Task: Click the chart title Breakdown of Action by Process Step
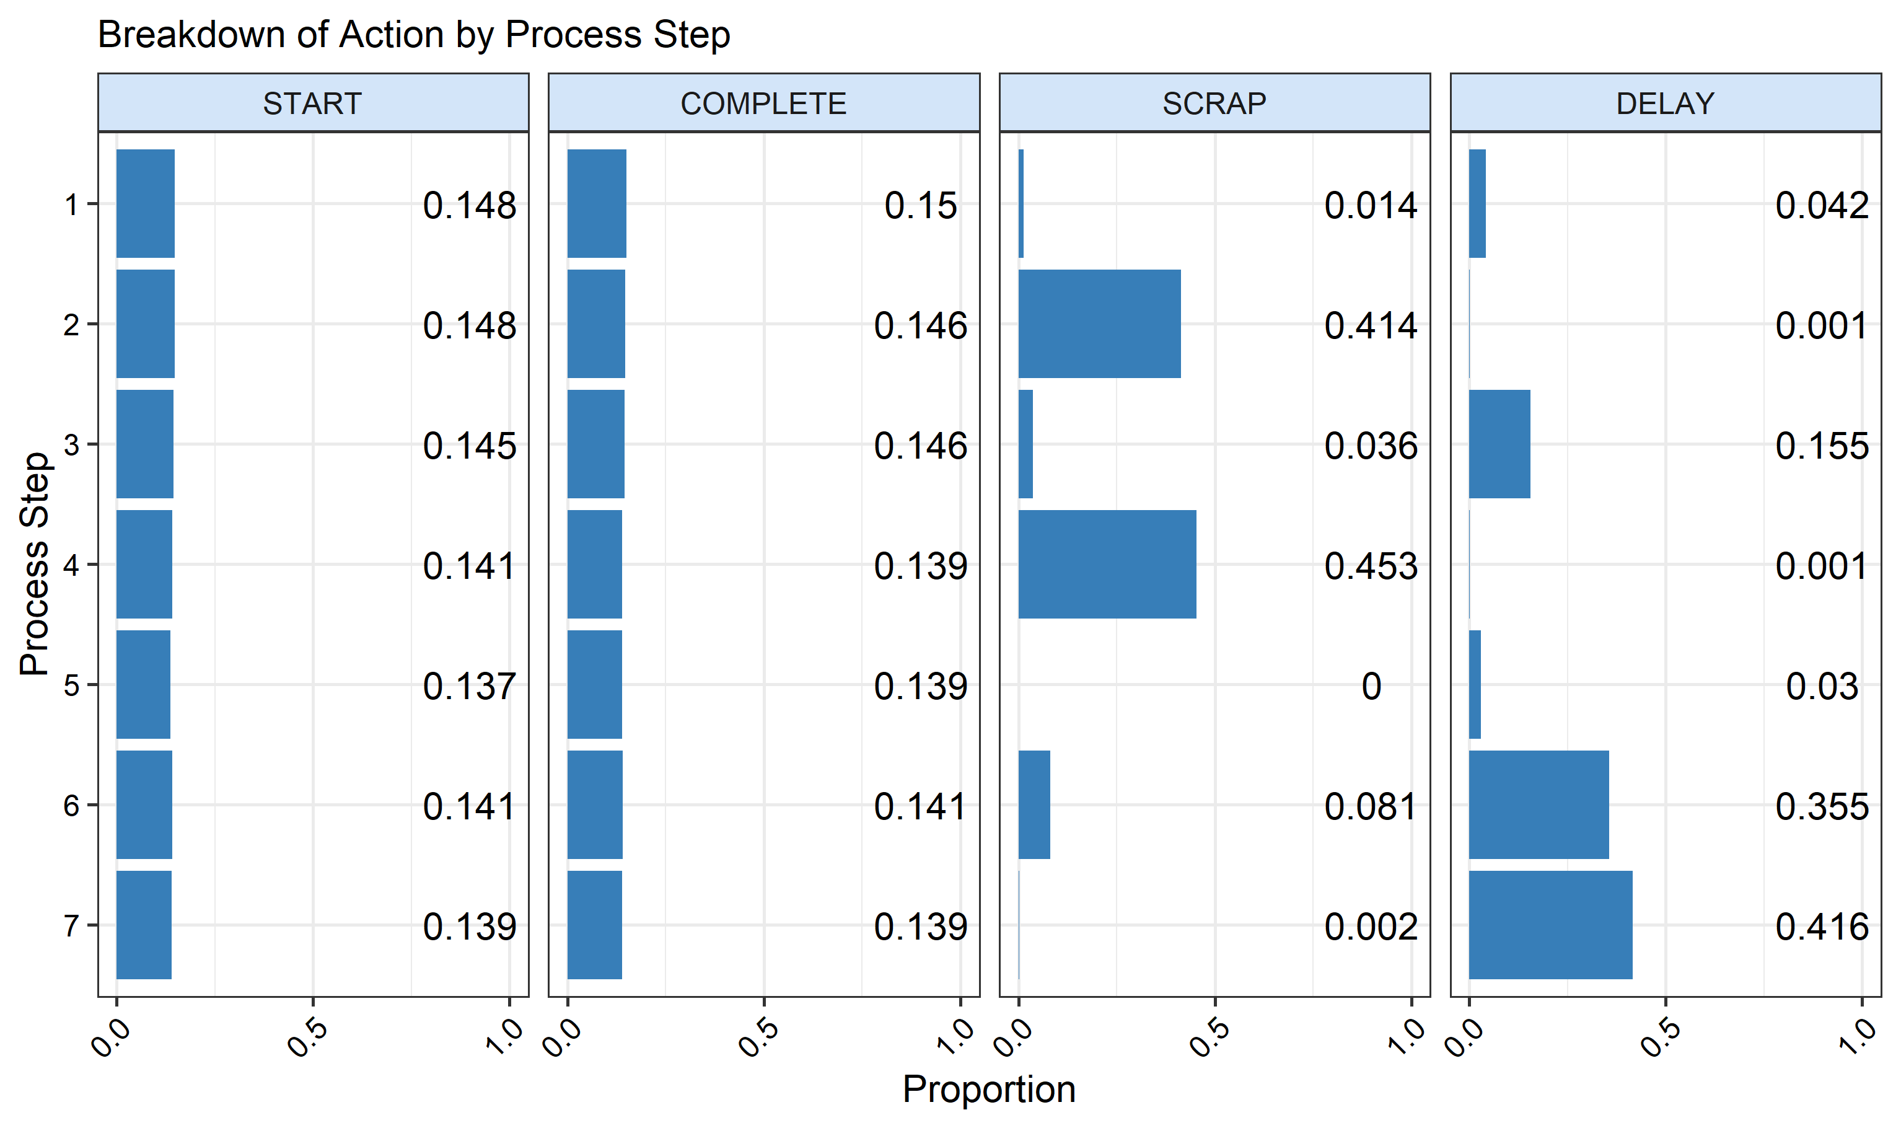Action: pyautogui.click(x=414, y=35)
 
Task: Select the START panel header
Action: pyautogui.click(x=312, y=104)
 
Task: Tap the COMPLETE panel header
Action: pyautogui.click(x=763, y=104)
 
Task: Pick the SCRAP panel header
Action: pyautogui.click(x=1214, y=104)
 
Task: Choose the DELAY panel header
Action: pyautogui.click(x=1665, y=104)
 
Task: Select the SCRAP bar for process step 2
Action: pyautogui.click(x=1099, y=324)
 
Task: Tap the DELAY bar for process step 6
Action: pyautogui.click(x=1538, y=804)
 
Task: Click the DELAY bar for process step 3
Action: pyautogui.click(x=1499, y=444)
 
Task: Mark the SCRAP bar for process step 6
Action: pyautogui.click(x=1034, y=804)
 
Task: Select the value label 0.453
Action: pyautogui.click(x=1370, y=566)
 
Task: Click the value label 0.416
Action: pyautogui.click(x=1821, y=927)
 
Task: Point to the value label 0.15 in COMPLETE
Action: pyautogui.click(x=920, y=206)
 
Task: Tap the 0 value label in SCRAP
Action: pyautogui.click(x=1371, y=686)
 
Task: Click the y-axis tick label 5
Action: pyautogui.click(x=71, y=685)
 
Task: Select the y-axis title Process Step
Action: pyautogui.click(x=34, y=564)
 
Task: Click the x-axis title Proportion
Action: pyautogui.click(x=988, y=1089)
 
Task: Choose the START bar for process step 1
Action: pyautogui.click(x=145, y=204)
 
